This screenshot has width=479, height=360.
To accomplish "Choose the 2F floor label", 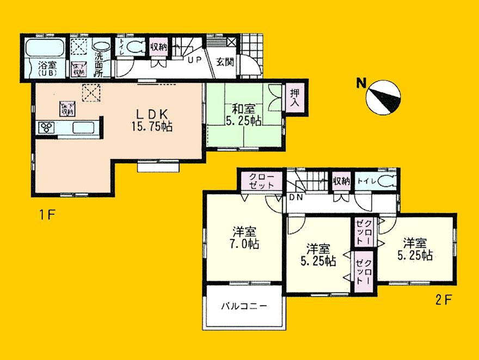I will point(441,299).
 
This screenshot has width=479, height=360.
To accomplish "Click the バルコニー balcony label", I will point(243,306).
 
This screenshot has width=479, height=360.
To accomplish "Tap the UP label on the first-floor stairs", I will point(194,61).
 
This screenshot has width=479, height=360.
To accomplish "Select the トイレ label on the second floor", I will point(366,181).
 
